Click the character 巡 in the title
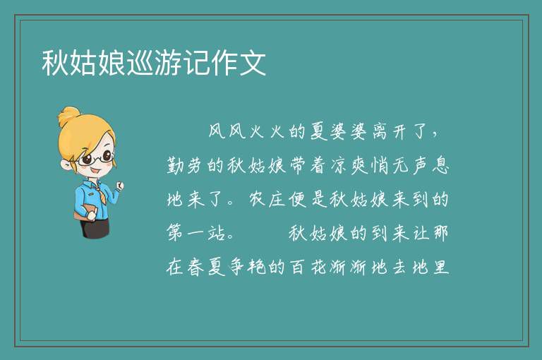(140, 63)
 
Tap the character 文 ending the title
(253, 63)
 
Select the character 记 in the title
(196, 63)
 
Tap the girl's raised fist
(119, 186)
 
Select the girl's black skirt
(95, 228)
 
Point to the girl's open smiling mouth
(95, 171)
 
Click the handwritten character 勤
(176, 166)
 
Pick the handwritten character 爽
(359, 166)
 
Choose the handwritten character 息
(440, 166)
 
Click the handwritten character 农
(257, 199)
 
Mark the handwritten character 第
(175, 233)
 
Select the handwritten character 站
(217, 233)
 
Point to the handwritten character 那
(440, 233)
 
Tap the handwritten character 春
(195, 267)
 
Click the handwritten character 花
(318, 267)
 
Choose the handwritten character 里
(440, 267)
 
